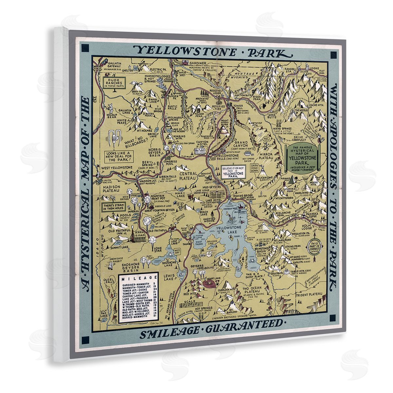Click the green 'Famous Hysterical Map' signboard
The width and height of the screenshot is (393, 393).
coord(302,158)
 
